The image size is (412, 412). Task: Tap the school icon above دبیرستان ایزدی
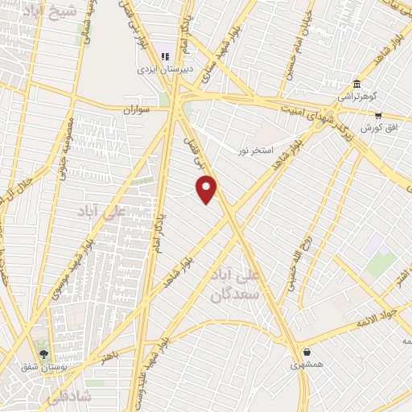tap(165, 56)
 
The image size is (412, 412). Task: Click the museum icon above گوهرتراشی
tap(356, 83)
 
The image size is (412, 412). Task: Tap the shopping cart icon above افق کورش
tap(377, 116)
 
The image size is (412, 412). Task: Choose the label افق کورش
tap(375, 128)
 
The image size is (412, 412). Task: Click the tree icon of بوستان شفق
tap(43, 353)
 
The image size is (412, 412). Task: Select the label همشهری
tap(307, 365)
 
